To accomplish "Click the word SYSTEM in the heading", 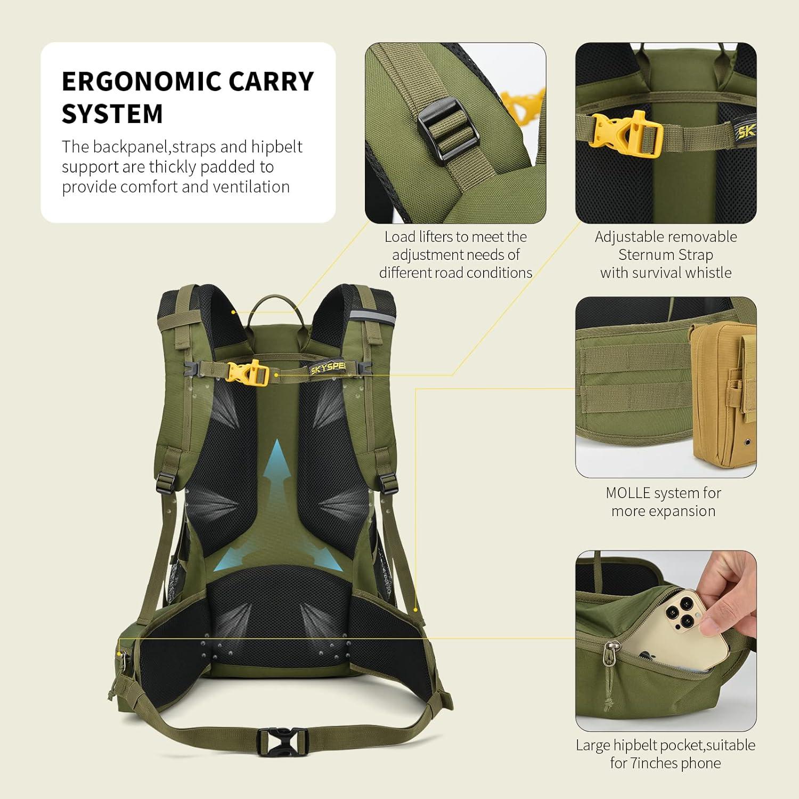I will point(112,114).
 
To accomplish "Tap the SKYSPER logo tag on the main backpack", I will point(328,367).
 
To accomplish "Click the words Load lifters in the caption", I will point(419,237).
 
